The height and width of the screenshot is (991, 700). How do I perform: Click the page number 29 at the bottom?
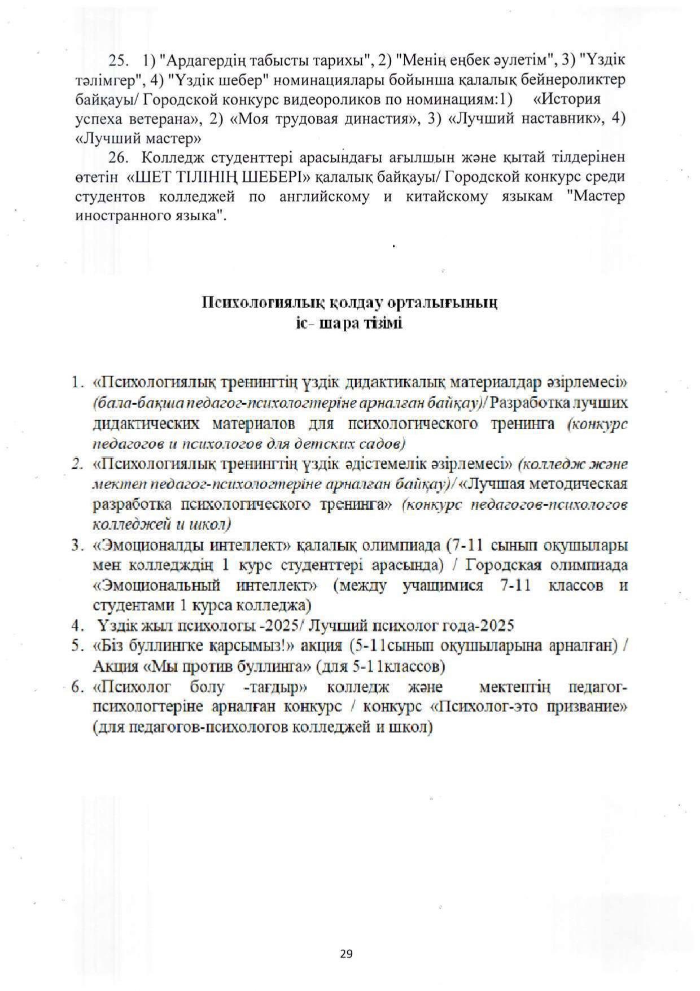(x=347, y=954)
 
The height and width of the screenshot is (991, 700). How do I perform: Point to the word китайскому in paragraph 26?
(x=440, y=197)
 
